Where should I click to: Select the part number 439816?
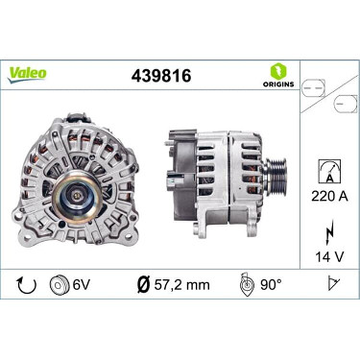pos(161,76)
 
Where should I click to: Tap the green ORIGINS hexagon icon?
pos(278,72)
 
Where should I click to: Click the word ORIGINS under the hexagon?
pos(278,84)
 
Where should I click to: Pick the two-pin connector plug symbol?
pos(314,87)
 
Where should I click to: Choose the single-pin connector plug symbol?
pos(346,104)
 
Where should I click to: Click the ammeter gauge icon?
pos(329,172)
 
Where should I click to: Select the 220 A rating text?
pos(329,196)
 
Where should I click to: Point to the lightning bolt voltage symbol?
pos(329,231)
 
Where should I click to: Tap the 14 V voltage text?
pos(329,256)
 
